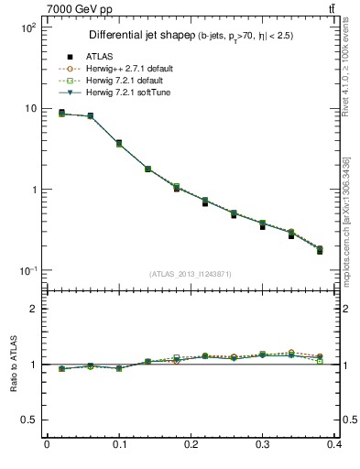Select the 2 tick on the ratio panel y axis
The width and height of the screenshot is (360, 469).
click(33, 309)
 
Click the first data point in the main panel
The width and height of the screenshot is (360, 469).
click(61, 113)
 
